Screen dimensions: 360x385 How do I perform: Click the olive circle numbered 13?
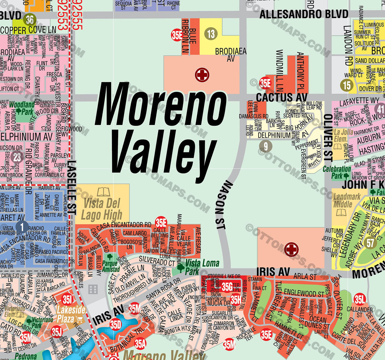pos(211,34)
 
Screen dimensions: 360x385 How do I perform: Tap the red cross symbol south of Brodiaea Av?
pos(202,75)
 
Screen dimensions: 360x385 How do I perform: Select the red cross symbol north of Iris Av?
pos(291,249)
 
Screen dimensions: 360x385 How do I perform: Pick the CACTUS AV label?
pos(281,98)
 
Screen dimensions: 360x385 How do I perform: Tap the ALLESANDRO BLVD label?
pos(304,14)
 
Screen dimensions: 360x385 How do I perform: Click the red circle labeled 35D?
pos(116,325)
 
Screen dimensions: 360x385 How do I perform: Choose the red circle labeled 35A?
pos(140,344)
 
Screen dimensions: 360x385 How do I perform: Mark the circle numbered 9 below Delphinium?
pos(266,146)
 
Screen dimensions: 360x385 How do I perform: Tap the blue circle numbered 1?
pos(22,227)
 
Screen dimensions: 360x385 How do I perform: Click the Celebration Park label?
pos(337,172)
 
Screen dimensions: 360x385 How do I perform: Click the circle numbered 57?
pos(370,243)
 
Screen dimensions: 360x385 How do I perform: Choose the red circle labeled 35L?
pos(360,299)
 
